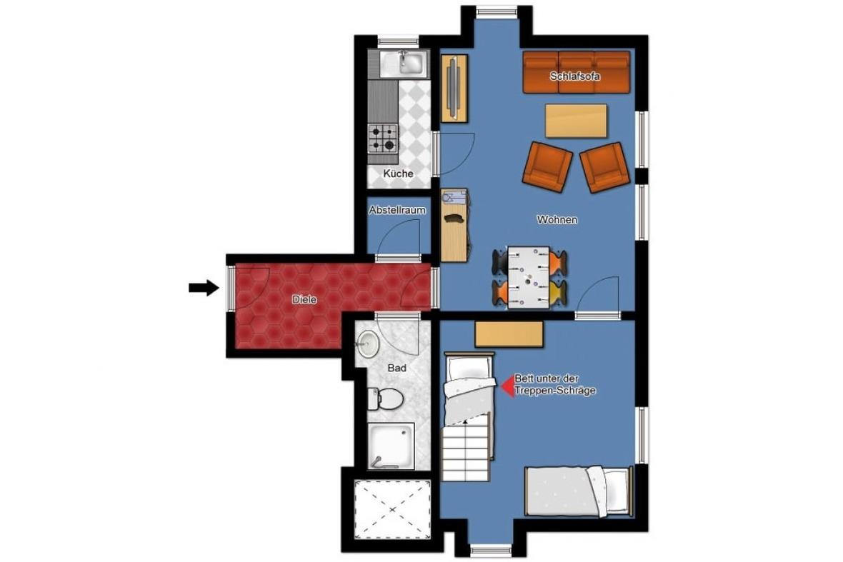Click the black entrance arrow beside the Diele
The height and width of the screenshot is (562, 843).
[204, 288]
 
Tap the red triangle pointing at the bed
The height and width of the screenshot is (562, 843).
[507, 386]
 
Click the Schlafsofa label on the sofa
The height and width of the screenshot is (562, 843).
[574, 76]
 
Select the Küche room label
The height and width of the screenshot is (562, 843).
[399, 174]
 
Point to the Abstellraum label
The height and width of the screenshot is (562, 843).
[397, 210]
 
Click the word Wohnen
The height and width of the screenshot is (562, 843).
[557, 220]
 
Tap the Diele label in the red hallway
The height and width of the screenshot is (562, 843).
[304, 300]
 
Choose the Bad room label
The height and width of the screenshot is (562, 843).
[396, 368]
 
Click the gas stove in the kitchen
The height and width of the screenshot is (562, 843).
[383, 138]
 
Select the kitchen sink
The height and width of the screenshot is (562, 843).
[404, 64]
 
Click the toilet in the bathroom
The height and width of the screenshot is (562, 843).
[386, 398]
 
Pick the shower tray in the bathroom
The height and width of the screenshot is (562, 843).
[391, 446]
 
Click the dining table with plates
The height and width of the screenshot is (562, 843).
[529, 277]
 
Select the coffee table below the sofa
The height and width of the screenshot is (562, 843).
[576, 121]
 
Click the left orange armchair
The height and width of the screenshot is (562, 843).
[547, 166]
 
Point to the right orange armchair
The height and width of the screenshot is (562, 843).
[605, 167]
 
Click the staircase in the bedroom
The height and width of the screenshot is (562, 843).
[466, 451]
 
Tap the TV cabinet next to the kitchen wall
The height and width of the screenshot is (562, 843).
[454, 88]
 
